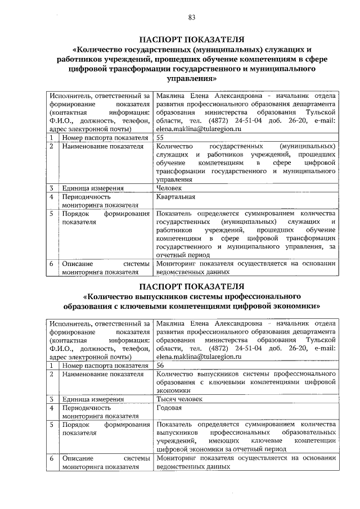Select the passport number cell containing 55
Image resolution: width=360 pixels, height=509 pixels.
point(161,137)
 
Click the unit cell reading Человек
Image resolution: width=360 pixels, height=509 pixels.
point(169,188)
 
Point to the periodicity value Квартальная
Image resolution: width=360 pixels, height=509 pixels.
point(176,197)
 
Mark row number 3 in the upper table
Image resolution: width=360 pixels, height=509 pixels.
point(51,188)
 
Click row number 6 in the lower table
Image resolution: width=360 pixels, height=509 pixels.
point(51,458)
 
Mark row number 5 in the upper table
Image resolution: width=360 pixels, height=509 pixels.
point(51,214)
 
